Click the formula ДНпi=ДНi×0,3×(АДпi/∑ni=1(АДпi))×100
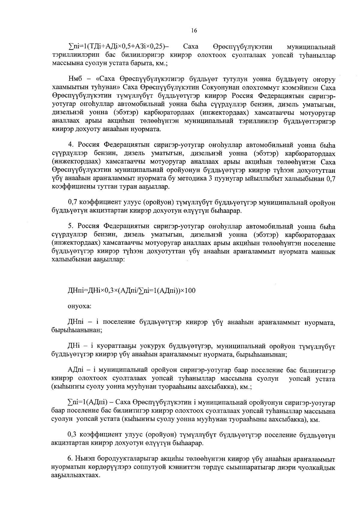coord(132,291)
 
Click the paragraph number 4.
coord(71,145)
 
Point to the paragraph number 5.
coord(71,226)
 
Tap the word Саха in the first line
coord(190,47)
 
